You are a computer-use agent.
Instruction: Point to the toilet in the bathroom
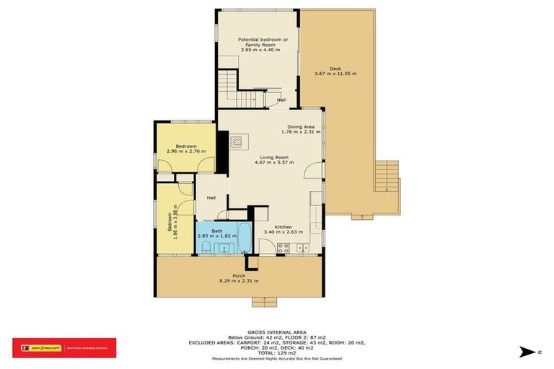tap(206, 249)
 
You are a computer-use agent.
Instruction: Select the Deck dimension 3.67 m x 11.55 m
tap(335, 74)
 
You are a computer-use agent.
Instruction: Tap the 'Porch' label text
tap(239, 275)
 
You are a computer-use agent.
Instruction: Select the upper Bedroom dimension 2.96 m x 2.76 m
tap(186, 151)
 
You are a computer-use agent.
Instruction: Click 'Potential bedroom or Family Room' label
tap(263, 42)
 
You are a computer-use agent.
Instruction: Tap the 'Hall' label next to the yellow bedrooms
tap(211, 198)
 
